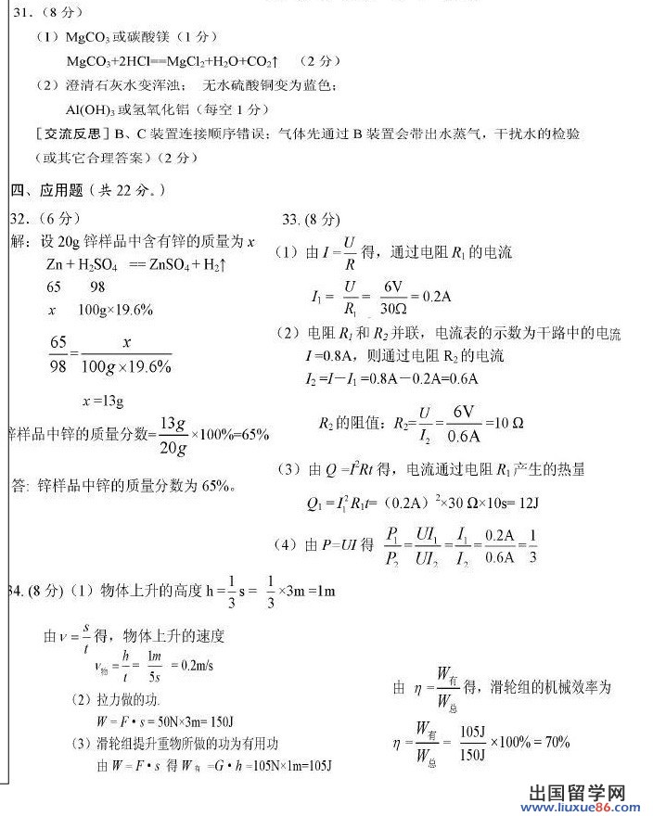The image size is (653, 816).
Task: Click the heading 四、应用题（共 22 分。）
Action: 89,191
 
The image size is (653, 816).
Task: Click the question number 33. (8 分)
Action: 311,220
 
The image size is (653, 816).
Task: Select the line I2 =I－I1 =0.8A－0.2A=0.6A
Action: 391,378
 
